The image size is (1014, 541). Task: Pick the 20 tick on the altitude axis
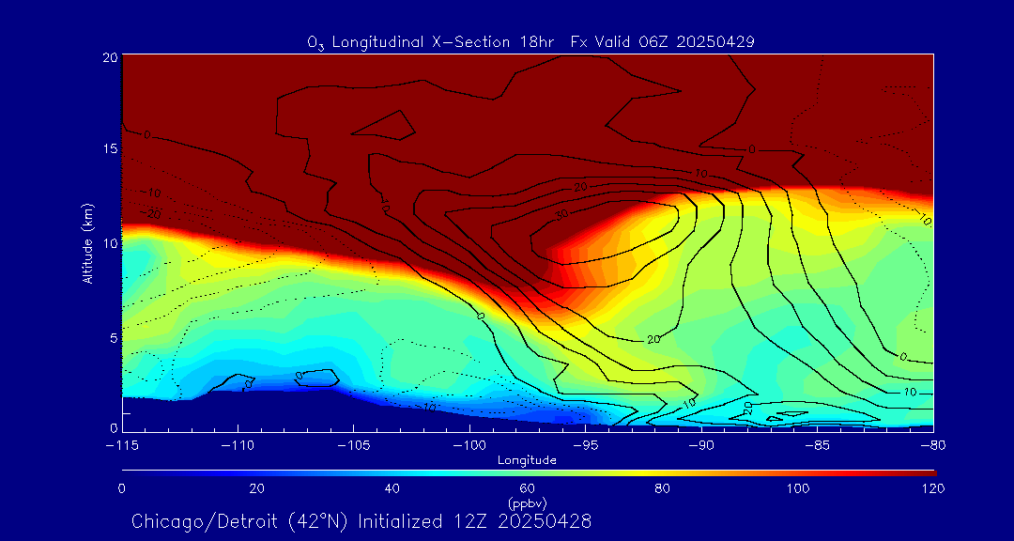pos(108,57)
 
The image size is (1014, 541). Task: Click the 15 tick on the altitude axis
pos(108,149)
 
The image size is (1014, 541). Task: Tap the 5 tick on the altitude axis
pos(112,336)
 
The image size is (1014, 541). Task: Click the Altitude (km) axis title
pos(88,243)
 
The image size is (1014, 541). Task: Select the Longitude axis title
pos(528,460)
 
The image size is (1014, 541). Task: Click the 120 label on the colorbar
pos(932,488)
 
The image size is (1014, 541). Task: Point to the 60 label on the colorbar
pos(527,488)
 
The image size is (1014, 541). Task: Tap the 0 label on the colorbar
pos(122,488)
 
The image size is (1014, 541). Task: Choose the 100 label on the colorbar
pos(797,488)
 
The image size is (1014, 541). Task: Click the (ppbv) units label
pos(528,503)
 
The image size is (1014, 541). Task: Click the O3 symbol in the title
pos(315,42)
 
